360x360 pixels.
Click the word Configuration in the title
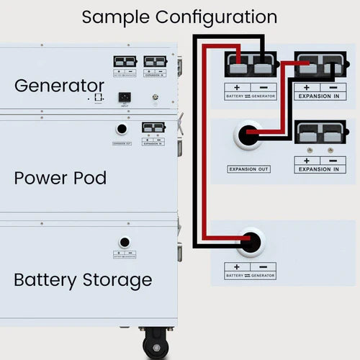tap(218, 17)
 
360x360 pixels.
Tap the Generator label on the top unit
tap(59, 85)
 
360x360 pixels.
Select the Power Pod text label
tap(60, 177)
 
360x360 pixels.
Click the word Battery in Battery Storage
tap(46, 279)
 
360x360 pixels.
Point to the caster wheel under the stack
tap(156, 344)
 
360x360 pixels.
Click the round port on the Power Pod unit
tap(122, 129)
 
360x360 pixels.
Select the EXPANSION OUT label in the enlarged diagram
tap(248, 168)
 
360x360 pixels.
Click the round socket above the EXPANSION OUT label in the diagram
tap(248, 135)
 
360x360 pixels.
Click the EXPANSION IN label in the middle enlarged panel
tap(315, 168)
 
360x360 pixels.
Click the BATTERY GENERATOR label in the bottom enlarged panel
tap(250, 275)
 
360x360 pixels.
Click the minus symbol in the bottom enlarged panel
tap(263, 266)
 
